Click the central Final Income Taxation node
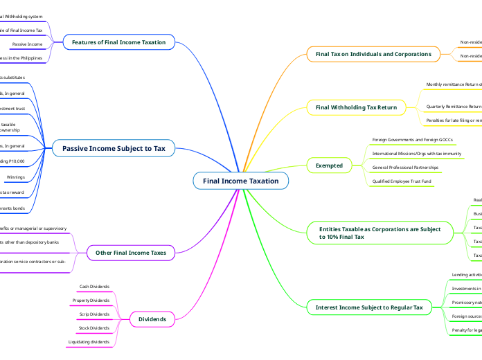click(x=240, y=181)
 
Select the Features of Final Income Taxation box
click(x=118, y=42)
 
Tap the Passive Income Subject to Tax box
click(x=114, y=147)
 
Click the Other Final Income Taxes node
click(x=130, y=253)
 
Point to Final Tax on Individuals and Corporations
click(x=373, y=53)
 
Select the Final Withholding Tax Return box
click(x=356, y=107)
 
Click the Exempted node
click(x=329, y=165)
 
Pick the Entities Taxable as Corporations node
click(x=379, y=232)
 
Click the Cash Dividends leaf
click(x=93, y=286)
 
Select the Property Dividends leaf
click(x=90, y=300)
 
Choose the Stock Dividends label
click(x=93, y=327)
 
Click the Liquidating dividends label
click(x=89, y=342)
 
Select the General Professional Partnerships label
click(x=405, y=167)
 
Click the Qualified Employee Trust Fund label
click(x=402, y=181)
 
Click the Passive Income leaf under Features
click(x=27, y=44)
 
